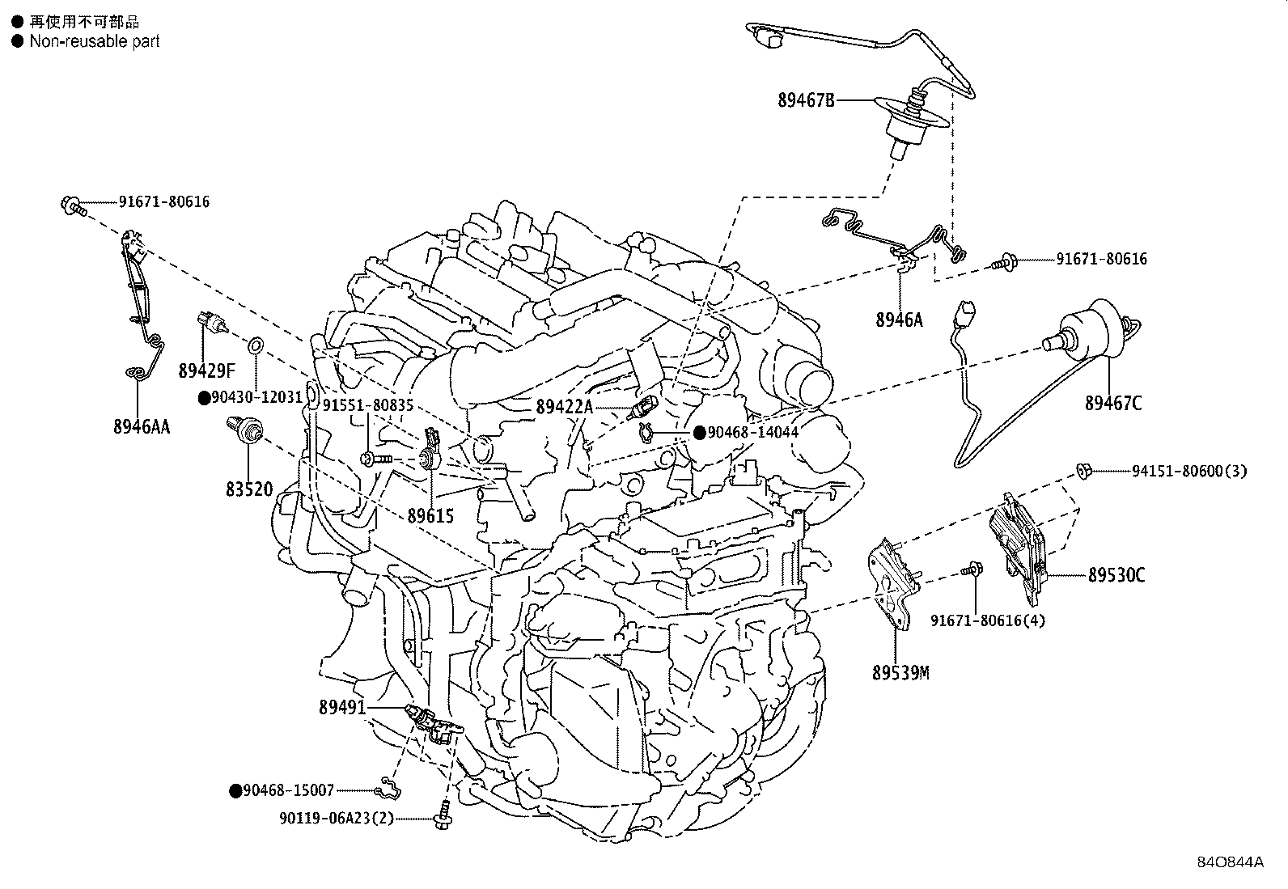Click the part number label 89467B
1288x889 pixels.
pos(806,100)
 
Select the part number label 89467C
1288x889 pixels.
pos(1113,404)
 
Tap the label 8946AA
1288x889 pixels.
pos(142,426)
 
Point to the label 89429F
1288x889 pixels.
pos(206,371)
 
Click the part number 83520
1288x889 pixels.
pos(249,489)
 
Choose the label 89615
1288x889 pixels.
pos(430,516)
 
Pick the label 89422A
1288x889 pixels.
pos(564,407)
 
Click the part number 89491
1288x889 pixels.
pos(343,707)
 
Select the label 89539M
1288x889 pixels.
pos(900,673)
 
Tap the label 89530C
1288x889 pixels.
pos(1116,575)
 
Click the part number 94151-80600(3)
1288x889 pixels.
pos(1189,472)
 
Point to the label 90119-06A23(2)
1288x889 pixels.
pos(337,819)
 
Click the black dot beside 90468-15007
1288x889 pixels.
pos(235,791)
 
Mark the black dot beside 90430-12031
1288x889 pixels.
pos(204,398)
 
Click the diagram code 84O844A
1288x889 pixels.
pos(1230,878)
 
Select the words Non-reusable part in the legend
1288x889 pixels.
pos(95,41)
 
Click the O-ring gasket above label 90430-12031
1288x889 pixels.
pos(256,346)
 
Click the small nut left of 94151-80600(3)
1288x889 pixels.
pos(1083,470)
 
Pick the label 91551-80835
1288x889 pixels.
pos(368,406)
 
